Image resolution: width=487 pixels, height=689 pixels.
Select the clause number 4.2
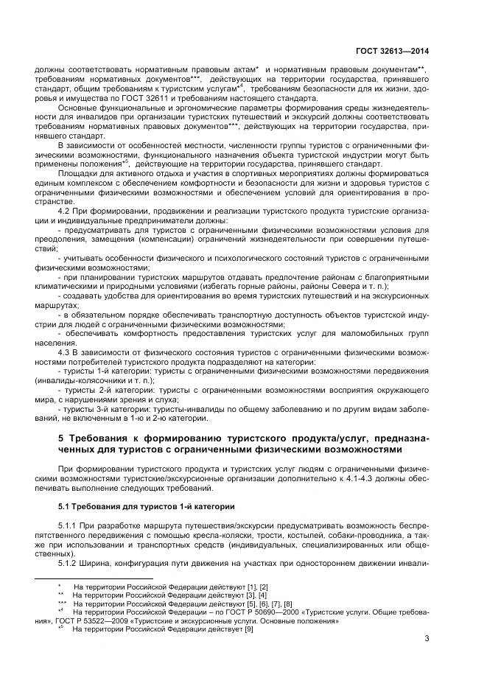pyautogui.click(x=65, y=211)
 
